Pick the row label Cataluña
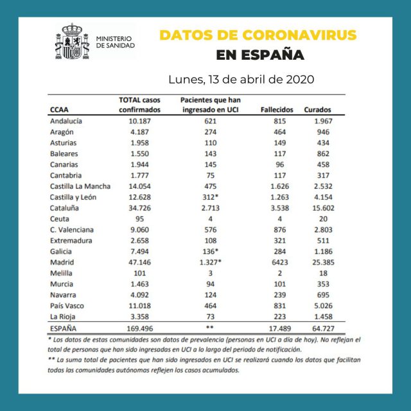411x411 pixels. click(66, 208)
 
